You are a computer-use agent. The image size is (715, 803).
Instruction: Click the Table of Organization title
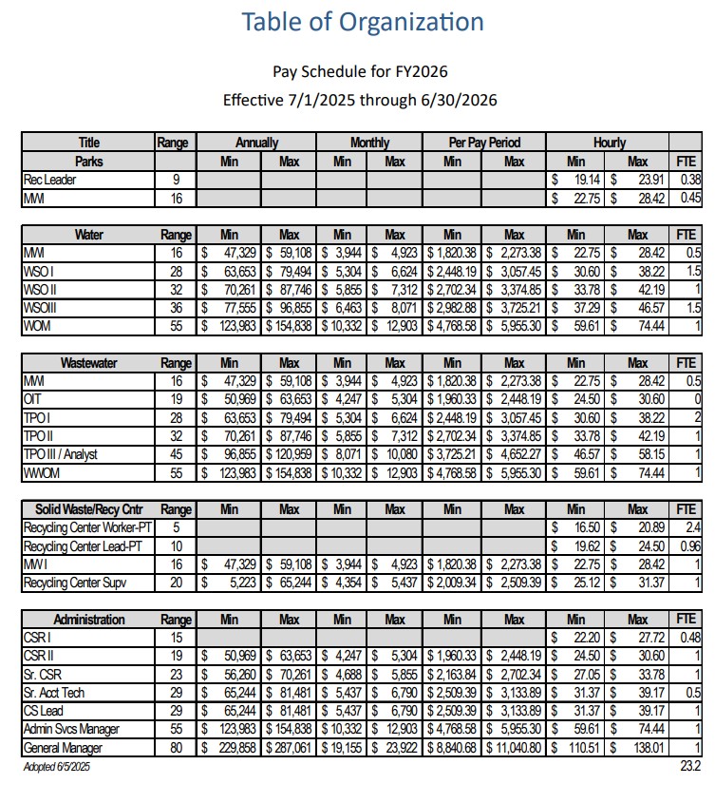click(x=362, y=22)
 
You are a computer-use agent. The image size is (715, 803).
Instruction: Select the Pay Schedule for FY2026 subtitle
click(x=360, y=71)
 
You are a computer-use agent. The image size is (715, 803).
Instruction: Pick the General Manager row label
click(x=64, y=748)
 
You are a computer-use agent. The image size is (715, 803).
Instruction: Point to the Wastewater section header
click(x=88, y=363)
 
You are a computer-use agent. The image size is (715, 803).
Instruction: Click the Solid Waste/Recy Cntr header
click(x=88, y=508)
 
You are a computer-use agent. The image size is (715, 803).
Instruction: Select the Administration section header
click(x=88, y=620)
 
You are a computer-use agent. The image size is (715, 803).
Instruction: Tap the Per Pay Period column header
click(x=484, y=143)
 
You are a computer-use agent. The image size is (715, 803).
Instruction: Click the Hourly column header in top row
click(x=609, y=143)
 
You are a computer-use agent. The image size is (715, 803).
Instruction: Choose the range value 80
click(x=176, y=748)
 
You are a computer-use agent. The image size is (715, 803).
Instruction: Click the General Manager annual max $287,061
click(x=287, y=748)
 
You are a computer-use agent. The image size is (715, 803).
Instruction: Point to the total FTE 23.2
click(x=689, y=765)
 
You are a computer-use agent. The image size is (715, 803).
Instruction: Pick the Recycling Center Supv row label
click(x=77, y=582)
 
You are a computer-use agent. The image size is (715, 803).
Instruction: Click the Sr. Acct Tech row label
click(x=54, y=693)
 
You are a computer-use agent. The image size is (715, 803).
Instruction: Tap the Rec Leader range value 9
click(x=176, y=179)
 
